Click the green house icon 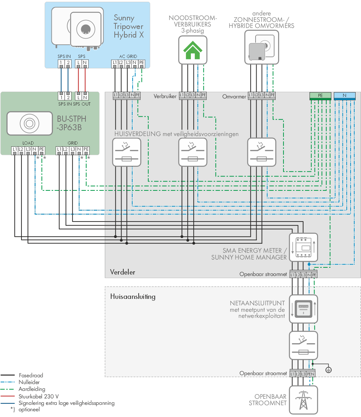tap(193, 50)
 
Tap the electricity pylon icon tap(303, 400)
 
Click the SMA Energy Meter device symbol tap(303, 247)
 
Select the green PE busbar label tap(320, 95)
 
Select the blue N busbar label tap(345, 95)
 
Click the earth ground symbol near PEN tap(328, 370)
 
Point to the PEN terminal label tap(311, 374)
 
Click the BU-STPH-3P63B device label tap(71, 123)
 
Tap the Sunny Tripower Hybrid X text tap(129, 26)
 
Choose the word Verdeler tap(123, 272)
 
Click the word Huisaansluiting tap(133, 296)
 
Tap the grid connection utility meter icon tap(303, 309)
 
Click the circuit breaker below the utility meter tap(303, 345)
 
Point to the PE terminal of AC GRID tap(142, 63)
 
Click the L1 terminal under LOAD tap(15, 150)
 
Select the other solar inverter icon tap(262, 47)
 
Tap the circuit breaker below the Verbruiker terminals tap(193, 152)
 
